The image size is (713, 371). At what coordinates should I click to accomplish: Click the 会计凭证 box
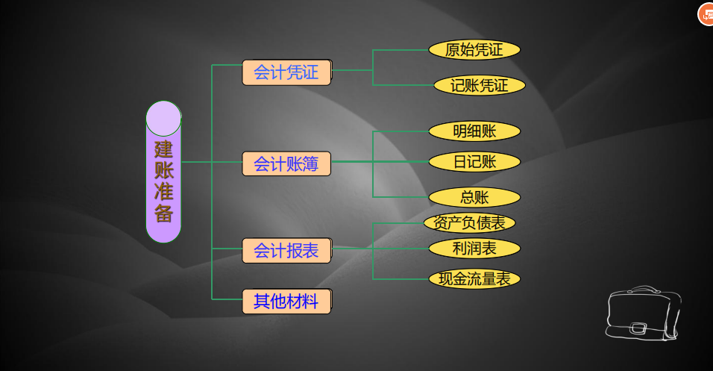[x=286, y=72]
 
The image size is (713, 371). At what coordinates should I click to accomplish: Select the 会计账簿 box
[x=286, y=163]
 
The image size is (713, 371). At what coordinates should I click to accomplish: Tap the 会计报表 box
[x=286, y=251]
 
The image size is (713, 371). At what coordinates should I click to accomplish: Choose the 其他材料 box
[x=286, y=302]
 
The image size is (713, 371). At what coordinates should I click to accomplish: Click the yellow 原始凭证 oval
[x=474, y=50]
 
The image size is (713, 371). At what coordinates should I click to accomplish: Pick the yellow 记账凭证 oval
[x=479, y=86]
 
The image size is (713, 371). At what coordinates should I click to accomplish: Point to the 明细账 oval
[x=474, y=131]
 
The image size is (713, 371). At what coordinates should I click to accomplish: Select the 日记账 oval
[x=474, y=161]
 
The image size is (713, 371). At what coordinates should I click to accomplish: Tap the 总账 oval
[x=474, y=197]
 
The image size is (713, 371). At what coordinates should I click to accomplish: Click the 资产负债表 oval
[x=469, y=222]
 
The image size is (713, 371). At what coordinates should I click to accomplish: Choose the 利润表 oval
[x=474, y=248]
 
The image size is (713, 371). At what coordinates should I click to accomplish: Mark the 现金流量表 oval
[x=474, y=279]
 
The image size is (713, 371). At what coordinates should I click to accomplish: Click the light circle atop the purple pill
[x=163, y=118]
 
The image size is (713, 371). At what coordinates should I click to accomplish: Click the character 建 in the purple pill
[x=163, y=149]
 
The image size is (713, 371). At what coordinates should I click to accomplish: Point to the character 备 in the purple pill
[x=163, y=213]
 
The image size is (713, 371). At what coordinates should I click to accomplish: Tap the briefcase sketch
[x=643, y=314]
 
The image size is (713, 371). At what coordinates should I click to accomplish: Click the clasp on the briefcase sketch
[x=638, y=327]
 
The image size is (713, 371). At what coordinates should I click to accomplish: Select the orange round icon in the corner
[x=706, y=14]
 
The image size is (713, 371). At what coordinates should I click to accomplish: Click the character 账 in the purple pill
[x=163, y=170]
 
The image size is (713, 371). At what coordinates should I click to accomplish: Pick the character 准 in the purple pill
[x=163, y=192]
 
